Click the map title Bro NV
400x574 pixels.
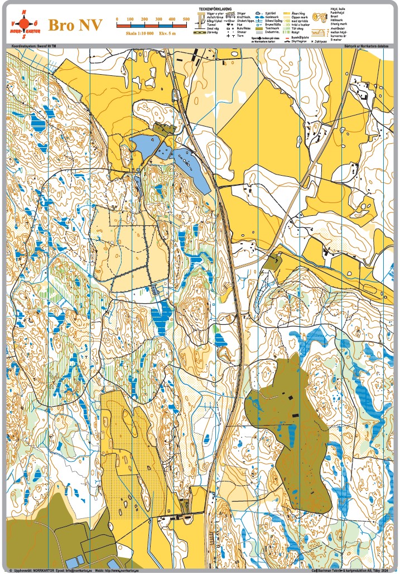(75, 26)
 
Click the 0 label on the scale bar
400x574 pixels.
(117, 20)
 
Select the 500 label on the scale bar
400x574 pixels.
(186, 20)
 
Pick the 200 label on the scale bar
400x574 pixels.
(144, 20)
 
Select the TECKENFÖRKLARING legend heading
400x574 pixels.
(215, 9)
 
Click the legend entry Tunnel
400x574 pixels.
(211, 25)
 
